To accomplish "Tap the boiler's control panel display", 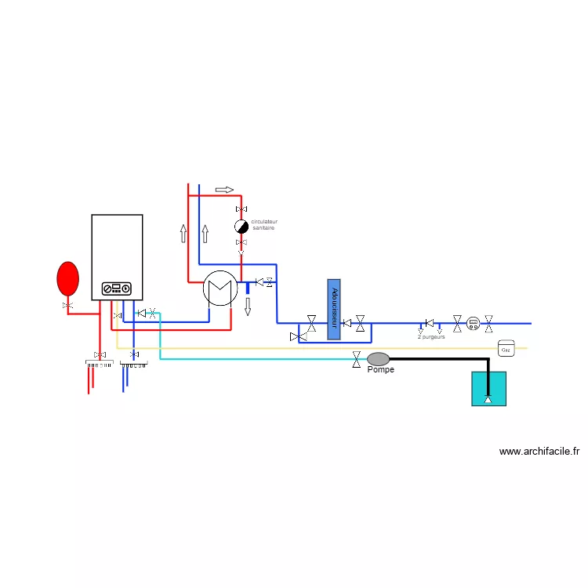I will [x=117, y=289].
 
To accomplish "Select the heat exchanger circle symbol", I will [x=220, y=288].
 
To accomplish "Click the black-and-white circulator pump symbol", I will [x=241, y=227].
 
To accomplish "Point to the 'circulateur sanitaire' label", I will [x=264, y=225].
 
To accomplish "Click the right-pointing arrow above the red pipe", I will [x=224, y=190].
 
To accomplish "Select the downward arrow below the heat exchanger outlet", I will [x=248, y=307].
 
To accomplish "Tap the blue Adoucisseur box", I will [x=334, y=309].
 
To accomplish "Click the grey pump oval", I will [x=379, y=358].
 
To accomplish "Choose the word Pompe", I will [x=381, y=370].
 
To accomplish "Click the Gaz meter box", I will [x=506, y=347].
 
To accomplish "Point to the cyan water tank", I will [x=488, y=388].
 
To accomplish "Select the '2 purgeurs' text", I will [x=431, y=336].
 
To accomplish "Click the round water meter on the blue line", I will [x=473, y=322].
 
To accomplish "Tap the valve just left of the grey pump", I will [x=358, y=359].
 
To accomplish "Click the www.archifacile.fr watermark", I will [x=539, y=452].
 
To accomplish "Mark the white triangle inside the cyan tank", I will [x=488, y=401].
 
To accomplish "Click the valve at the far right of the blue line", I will [x=488, y=322].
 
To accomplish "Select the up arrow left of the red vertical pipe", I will [x=183, y=233].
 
